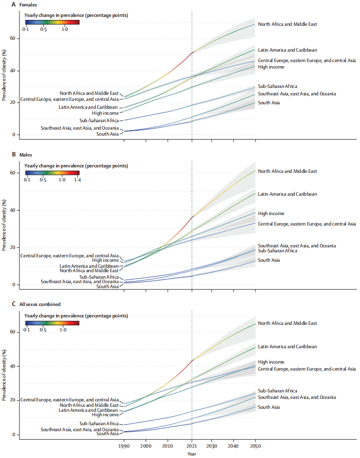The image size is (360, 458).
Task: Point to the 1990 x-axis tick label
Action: point(124,445)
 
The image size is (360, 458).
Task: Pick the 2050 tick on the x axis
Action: point(256,445)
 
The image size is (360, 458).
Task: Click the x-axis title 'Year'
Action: point(191,454)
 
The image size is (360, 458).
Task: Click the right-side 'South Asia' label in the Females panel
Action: point(269,102)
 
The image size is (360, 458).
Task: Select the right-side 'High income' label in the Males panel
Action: point(270,213)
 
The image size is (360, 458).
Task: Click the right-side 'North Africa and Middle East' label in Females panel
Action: point(287,24)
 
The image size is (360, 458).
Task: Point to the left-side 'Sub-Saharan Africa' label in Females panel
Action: point(98,120)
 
